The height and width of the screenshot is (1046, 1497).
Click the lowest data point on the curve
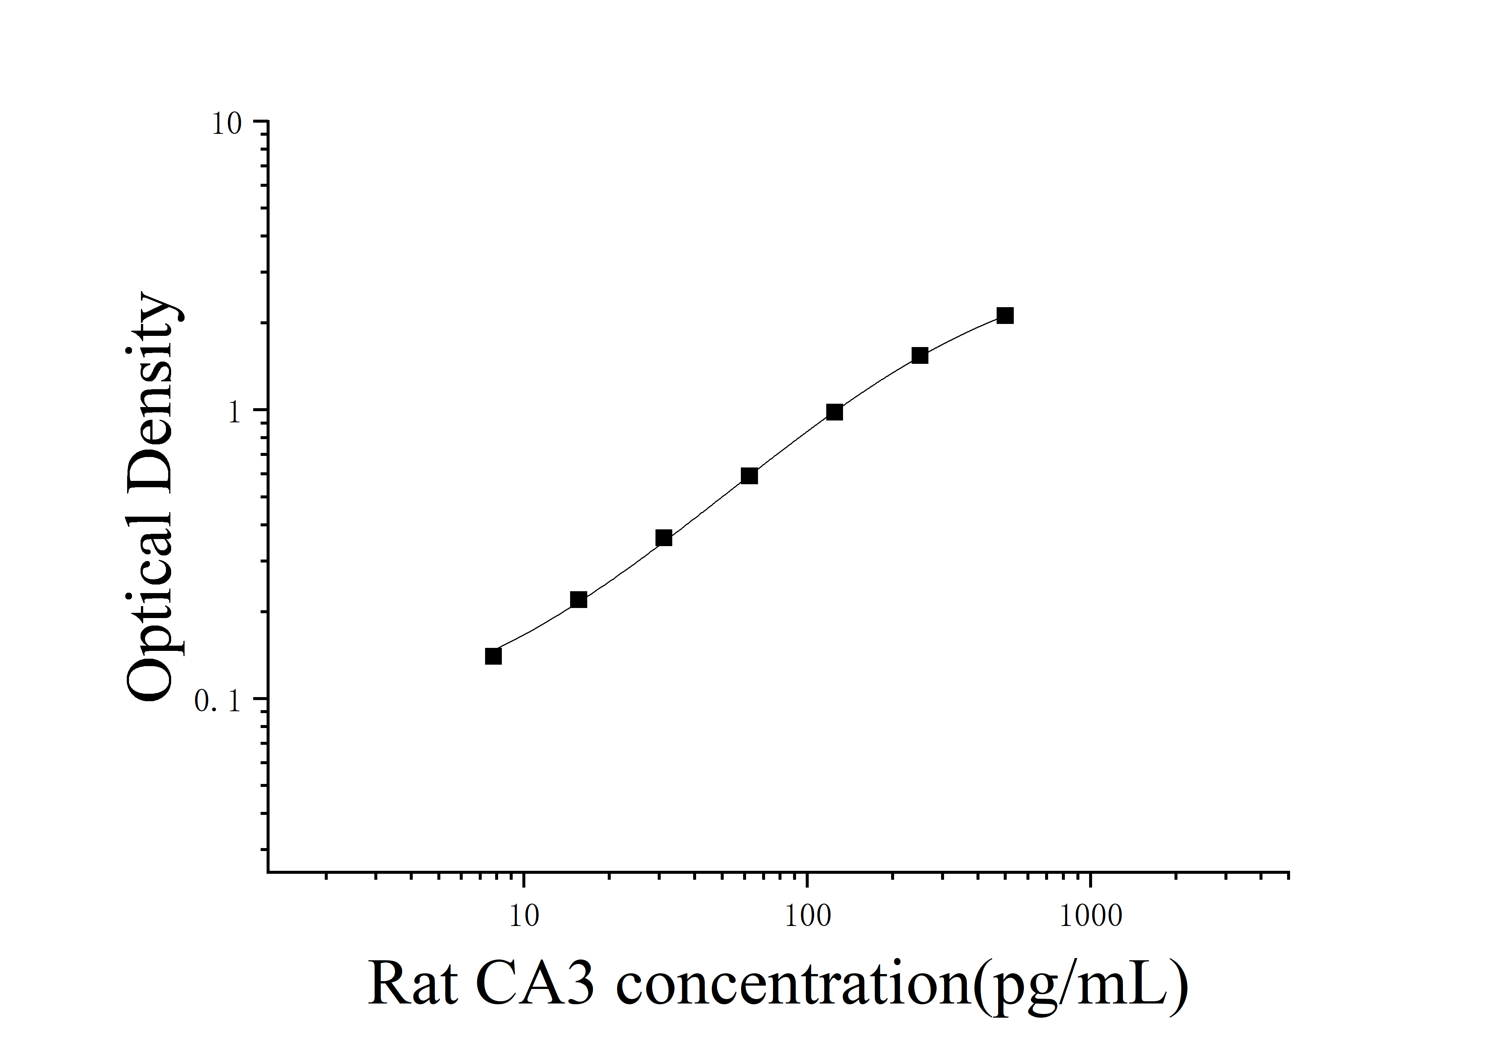(494, 656)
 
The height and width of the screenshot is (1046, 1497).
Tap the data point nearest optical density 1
(834, 412)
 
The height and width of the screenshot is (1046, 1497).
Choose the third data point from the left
(664, 538)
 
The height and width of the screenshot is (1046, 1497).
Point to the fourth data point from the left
(749, 476)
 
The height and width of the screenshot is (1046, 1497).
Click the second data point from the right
(919, 355)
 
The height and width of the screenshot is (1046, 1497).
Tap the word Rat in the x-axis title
(412, 984)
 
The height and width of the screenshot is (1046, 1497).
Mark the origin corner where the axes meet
(268, 871)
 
